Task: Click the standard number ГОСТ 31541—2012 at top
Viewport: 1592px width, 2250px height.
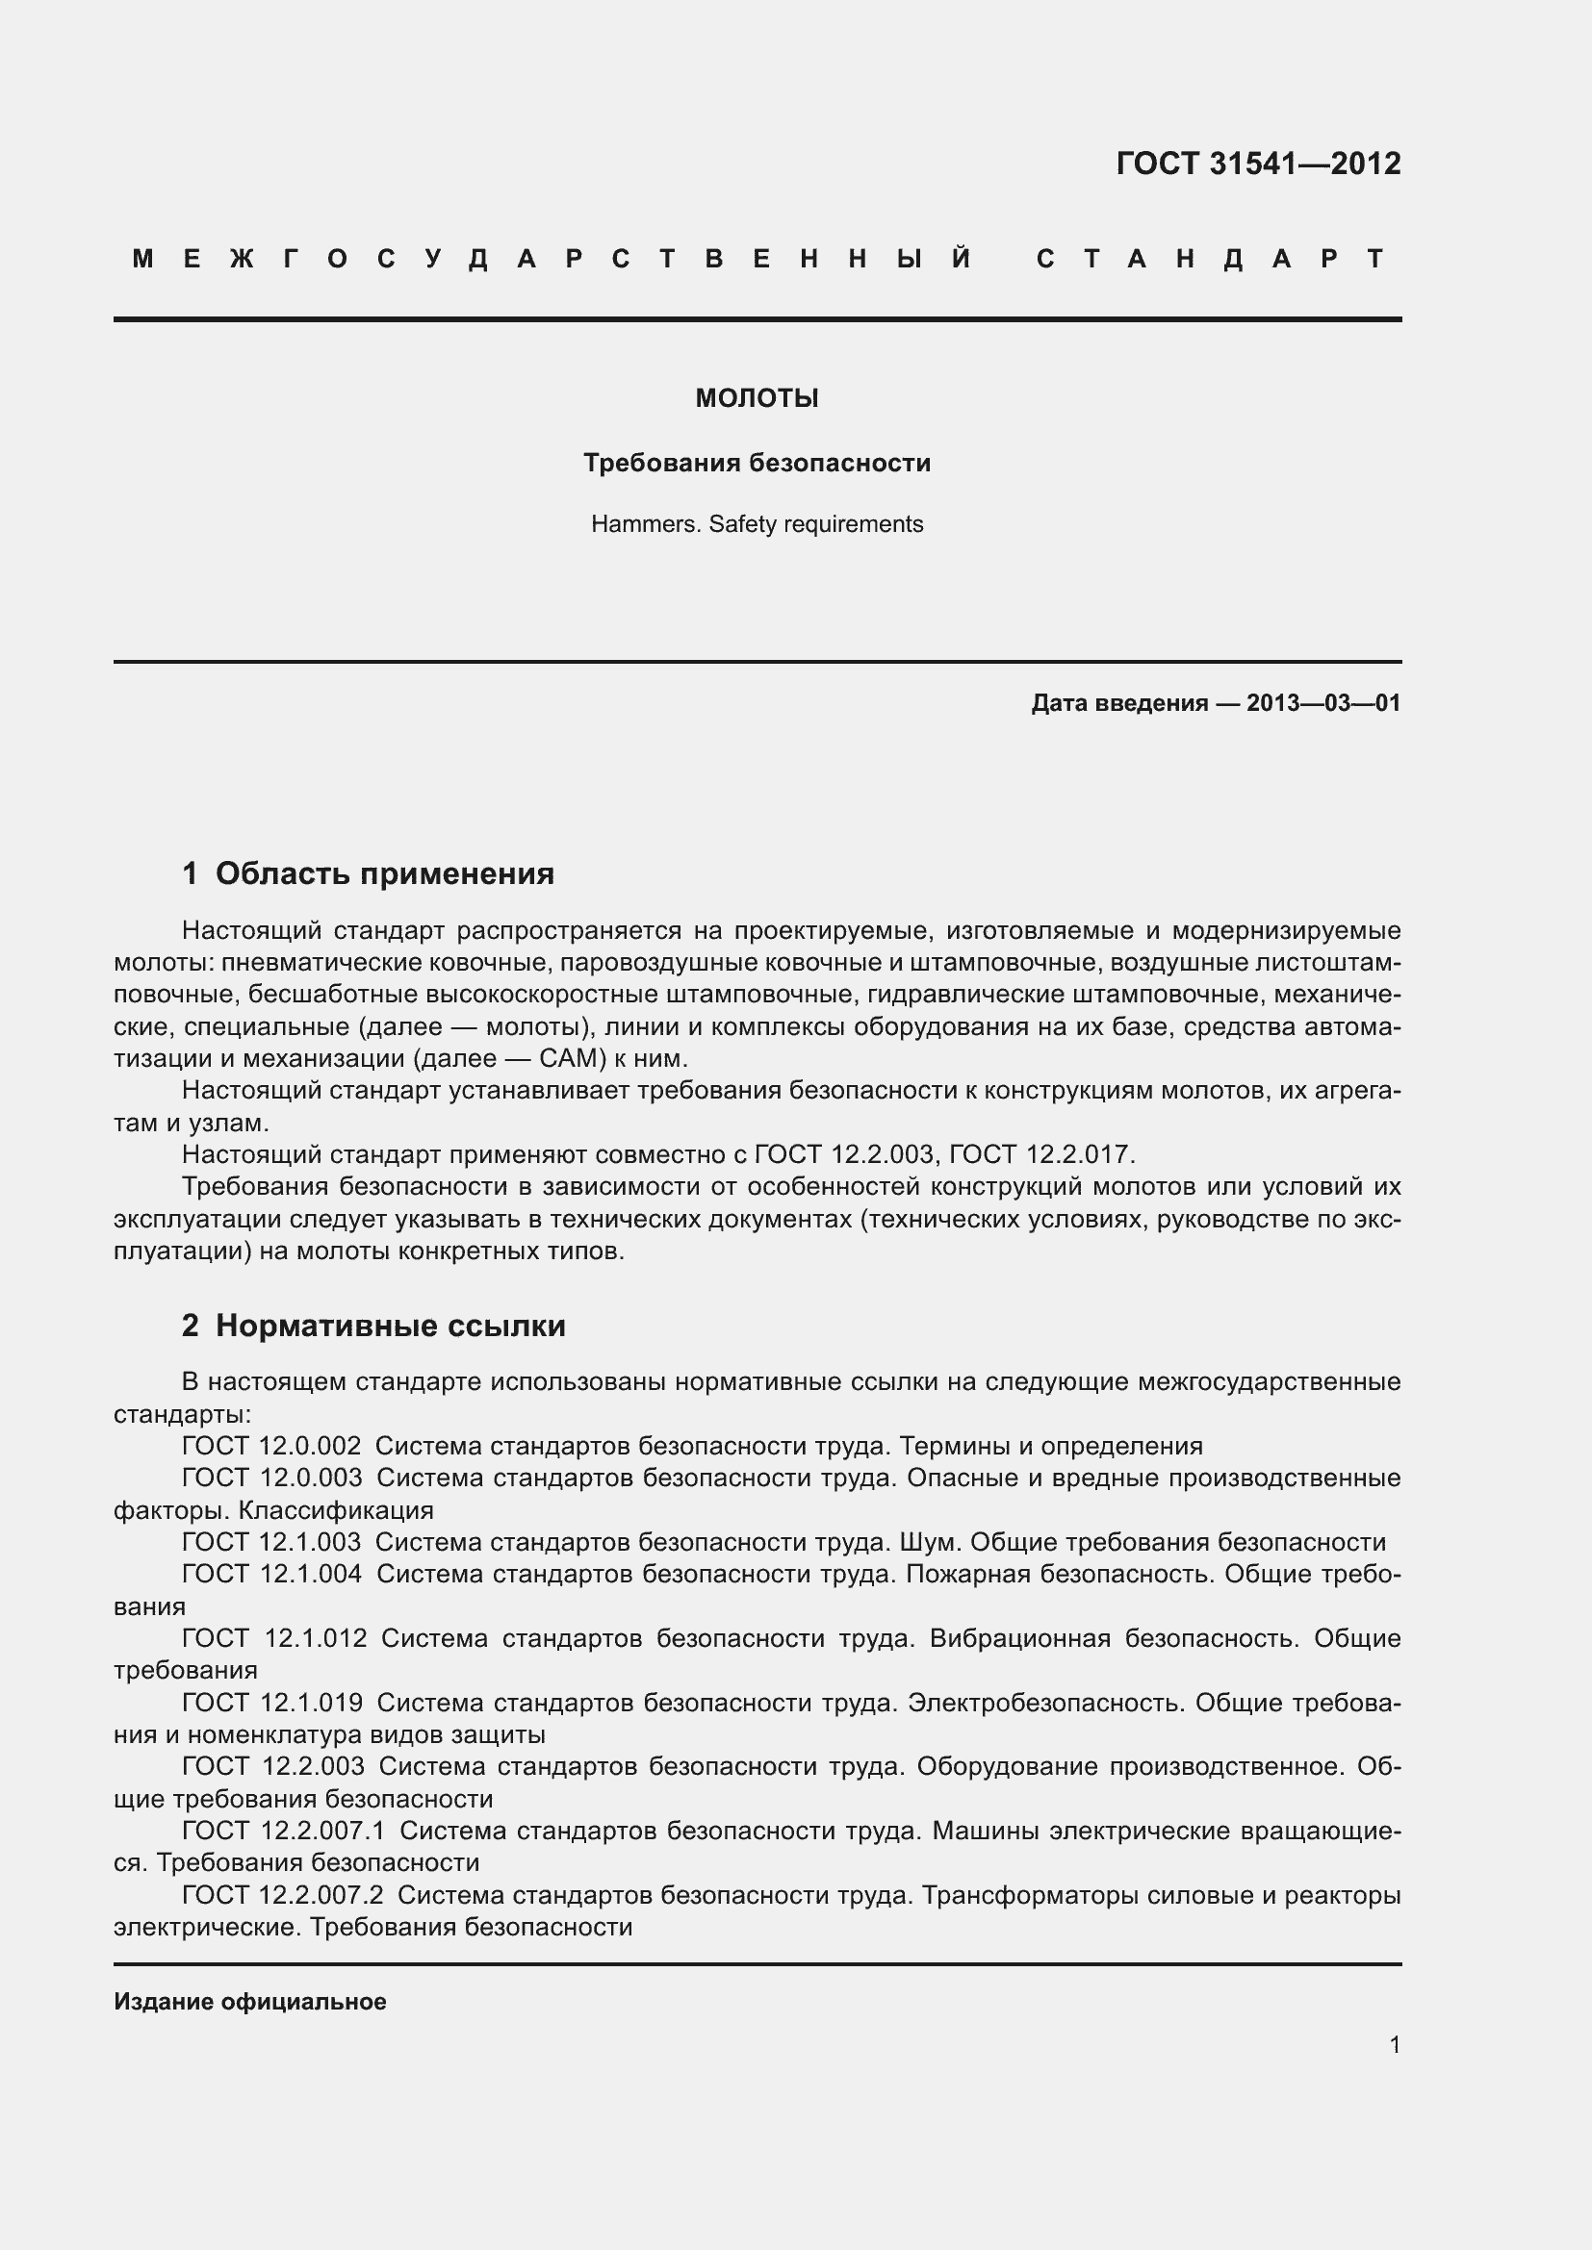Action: (1258, 164)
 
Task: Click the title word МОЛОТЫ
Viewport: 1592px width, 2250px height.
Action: (757, 399)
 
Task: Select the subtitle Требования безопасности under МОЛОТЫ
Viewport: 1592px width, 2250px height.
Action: (757, 463)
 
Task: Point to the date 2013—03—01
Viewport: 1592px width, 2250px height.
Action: (1322, 702)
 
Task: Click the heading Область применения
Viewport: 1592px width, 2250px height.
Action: (384, 873)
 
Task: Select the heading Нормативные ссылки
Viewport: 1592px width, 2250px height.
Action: (390, 1326)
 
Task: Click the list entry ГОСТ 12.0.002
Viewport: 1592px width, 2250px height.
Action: (271, 1446)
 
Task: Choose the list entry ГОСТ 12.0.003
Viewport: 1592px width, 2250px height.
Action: (271, 1478)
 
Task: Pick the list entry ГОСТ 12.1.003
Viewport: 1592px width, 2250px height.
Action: (271, 1542)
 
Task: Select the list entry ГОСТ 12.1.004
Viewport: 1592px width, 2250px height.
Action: (271, 1574)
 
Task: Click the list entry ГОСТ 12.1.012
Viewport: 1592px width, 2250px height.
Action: (274, 1638)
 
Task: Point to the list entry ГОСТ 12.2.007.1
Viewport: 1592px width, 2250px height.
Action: (283, 1831)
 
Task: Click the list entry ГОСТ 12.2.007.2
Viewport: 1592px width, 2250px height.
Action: (282, 1895)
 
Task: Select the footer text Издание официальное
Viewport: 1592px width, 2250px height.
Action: (250, 2001)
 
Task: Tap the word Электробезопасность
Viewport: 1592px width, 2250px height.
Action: (1045, 1703)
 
